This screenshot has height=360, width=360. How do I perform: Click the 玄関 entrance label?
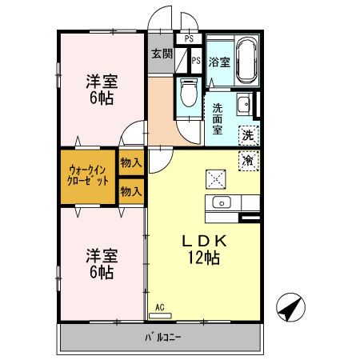pyautogui.click(x=162, y=54)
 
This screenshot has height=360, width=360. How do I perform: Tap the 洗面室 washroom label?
pyautogui.click(x=218, y=116)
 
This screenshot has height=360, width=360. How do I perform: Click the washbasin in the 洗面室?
pyautogui.click(x=245, y=103)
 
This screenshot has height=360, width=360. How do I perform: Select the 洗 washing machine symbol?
pyautogui.click(x=248, y=135)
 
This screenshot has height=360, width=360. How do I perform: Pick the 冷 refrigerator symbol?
pyautogui.click(x=248, y=160)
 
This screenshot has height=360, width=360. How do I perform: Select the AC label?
pyautogui.click(x=159, y=306)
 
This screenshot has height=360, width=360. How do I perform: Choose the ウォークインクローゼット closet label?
pyautogui.click(x=89, y=175)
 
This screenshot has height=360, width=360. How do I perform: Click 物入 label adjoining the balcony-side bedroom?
pyautogui.click(x=131, y=190)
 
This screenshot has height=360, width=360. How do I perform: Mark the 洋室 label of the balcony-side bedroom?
pyautogui.click(x=102, y=256)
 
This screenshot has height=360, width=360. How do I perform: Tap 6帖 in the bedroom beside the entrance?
pyautogui.click(x=102, y=98)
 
